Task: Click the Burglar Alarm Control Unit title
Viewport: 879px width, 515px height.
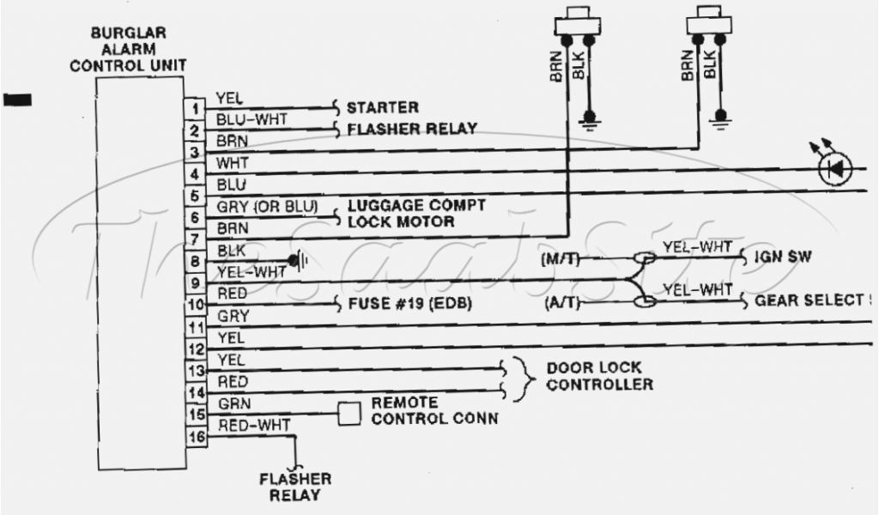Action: pyautogui.click(x=140, y=49)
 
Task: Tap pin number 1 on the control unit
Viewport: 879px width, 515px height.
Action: pyautogui.click(x=196, y=110)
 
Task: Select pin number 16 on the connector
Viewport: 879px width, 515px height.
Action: pyautogui.click(x=196, y=436)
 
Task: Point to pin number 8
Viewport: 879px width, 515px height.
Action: pyautogui.click(x=196, y=262)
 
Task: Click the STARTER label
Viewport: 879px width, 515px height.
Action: pyautogui.click(x=382, y=108)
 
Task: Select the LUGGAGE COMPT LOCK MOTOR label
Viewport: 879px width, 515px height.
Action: pyautogui.click(x=415, y=214)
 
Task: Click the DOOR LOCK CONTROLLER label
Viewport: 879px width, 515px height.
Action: pyautogui.click(x=599, y=375)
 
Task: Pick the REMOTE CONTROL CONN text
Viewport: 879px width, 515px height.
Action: pyautogui.click(x=434, y=410)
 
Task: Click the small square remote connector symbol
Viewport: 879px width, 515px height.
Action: pyautogui.click(x=349, y=414)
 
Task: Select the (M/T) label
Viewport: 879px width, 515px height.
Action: pyautogui.click(x=559, y=257)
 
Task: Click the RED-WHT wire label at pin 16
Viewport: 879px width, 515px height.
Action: pyautogui.click(x=254, y=424)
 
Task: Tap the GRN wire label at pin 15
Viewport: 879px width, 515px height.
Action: pyautogui.click(x=233, y=403)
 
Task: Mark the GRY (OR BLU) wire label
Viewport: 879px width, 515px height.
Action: pyautogui.click(x=267, y=207)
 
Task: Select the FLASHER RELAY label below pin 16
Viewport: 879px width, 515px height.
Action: pyautogui.click(x=296, y=487)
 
